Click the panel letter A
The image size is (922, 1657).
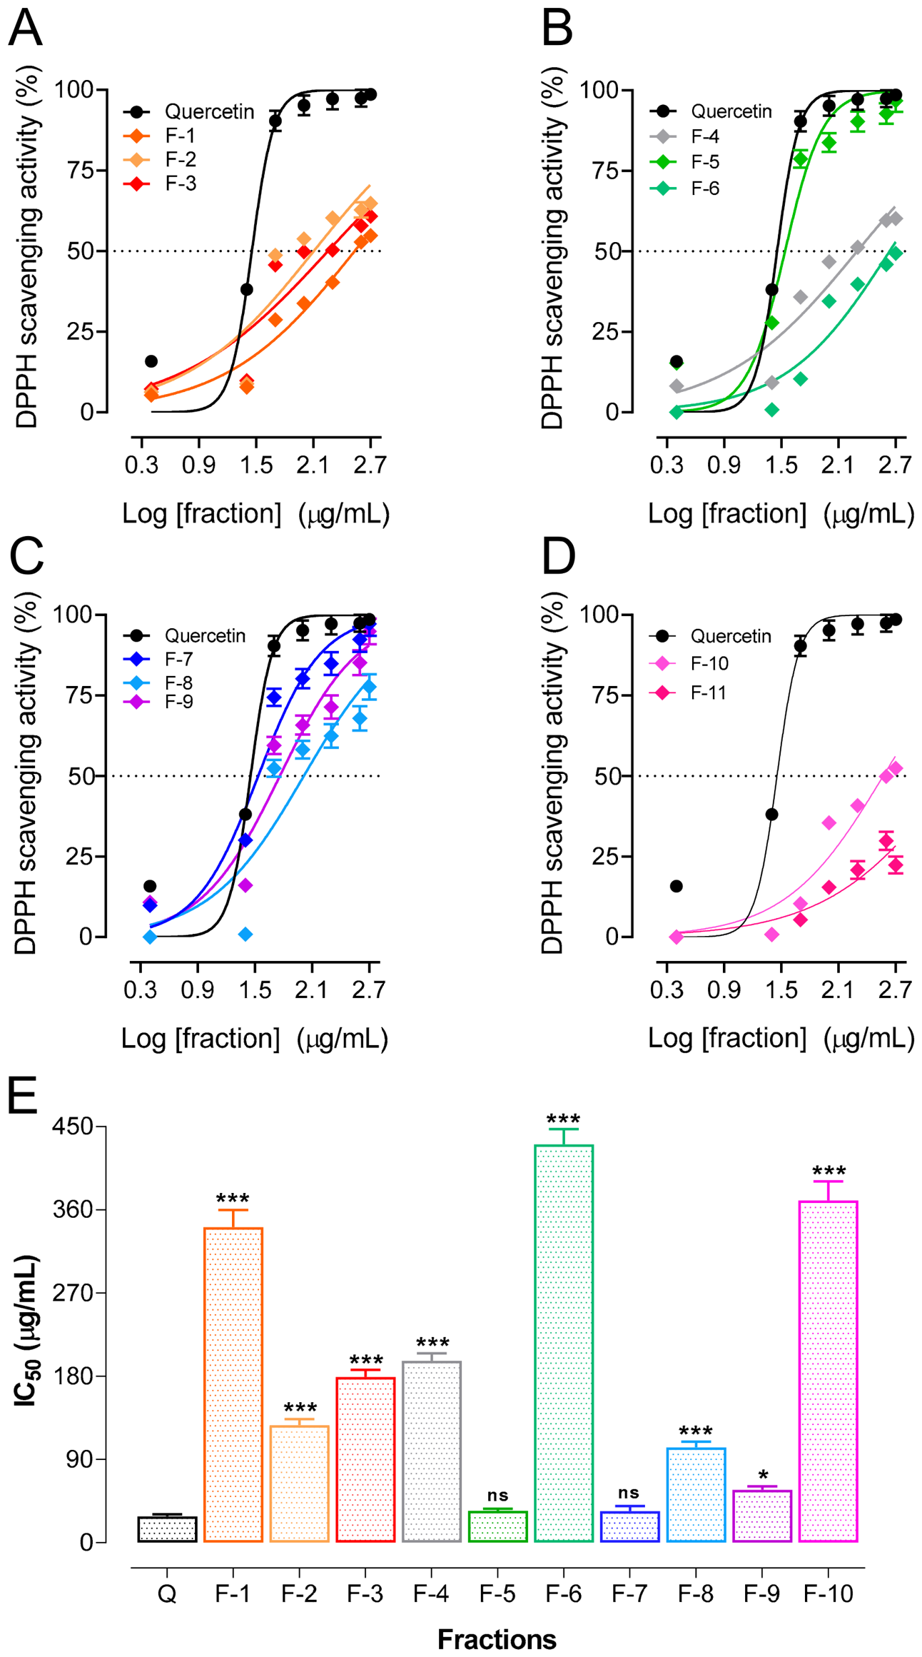[25, 29]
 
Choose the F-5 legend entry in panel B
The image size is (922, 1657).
[684, 162]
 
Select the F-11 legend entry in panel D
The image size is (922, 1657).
[689, 692]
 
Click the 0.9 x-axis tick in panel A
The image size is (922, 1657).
[198, 465]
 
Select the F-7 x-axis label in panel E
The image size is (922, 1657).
[629, 1593]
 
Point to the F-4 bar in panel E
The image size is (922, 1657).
[432, 1451]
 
